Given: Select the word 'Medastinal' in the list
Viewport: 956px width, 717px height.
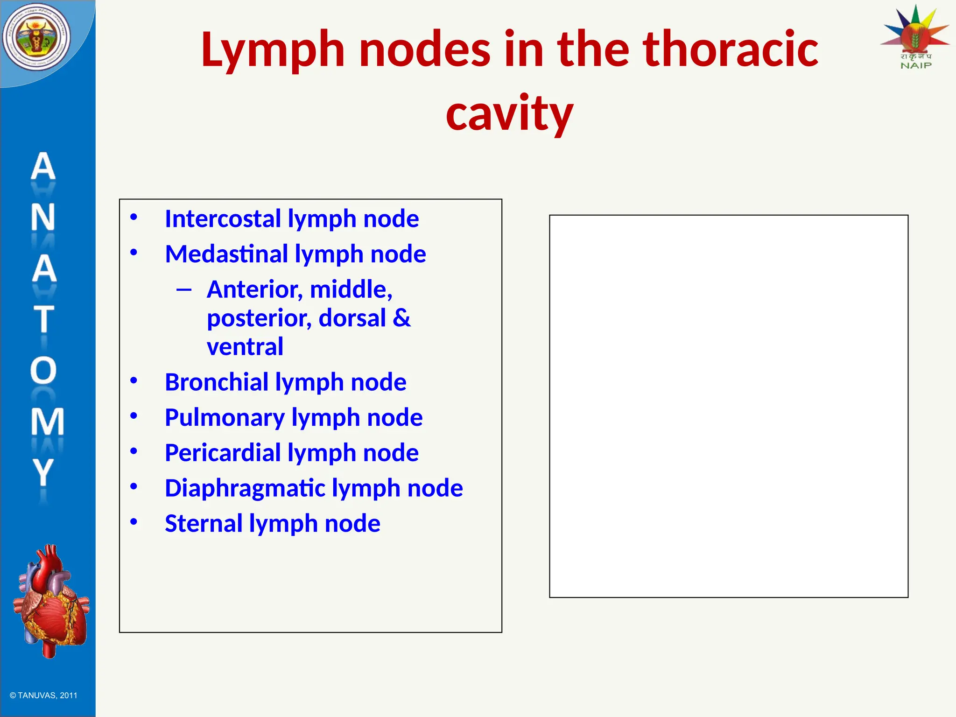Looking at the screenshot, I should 226,254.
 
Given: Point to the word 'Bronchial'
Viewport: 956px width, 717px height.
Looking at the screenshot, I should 216,382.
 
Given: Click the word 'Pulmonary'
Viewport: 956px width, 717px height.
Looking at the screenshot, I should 225,418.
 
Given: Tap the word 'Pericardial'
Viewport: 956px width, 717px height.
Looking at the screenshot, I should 223,453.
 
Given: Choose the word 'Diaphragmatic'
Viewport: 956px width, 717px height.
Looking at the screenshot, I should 245,488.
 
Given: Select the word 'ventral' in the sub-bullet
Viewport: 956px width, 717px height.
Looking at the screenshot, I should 245,347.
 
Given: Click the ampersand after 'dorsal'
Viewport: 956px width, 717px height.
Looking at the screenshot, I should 401,318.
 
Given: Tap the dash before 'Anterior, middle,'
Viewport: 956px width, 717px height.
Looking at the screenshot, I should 184,290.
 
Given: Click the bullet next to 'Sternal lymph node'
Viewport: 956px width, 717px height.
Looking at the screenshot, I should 134,521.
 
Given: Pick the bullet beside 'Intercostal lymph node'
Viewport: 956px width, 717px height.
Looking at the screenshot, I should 134,217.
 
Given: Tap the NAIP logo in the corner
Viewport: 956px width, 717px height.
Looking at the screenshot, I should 915,37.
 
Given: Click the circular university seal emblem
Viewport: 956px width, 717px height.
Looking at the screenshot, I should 36,37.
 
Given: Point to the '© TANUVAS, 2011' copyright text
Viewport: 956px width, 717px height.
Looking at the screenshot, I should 43,696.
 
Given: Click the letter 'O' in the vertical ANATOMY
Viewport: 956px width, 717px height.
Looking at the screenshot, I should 43,371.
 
